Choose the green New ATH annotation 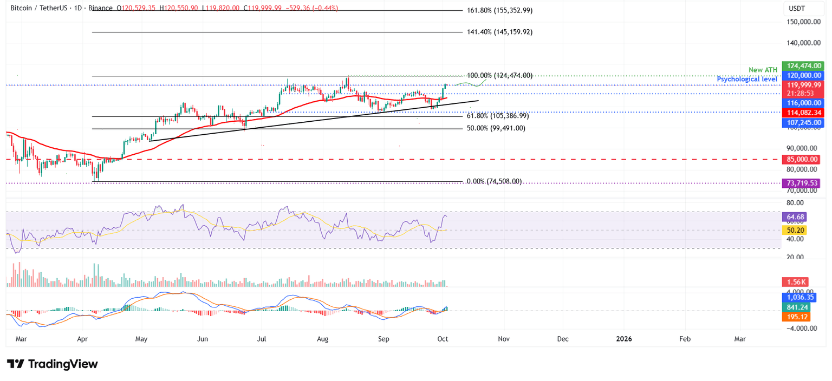[763, 70]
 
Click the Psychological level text [747, 79]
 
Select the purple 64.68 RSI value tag [794, 217]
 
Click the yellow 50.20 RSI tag [794, 230]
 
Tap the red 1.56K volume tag [795, 282]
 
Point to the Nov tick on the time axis [504, 339]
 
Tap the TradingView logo [53, 364]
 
